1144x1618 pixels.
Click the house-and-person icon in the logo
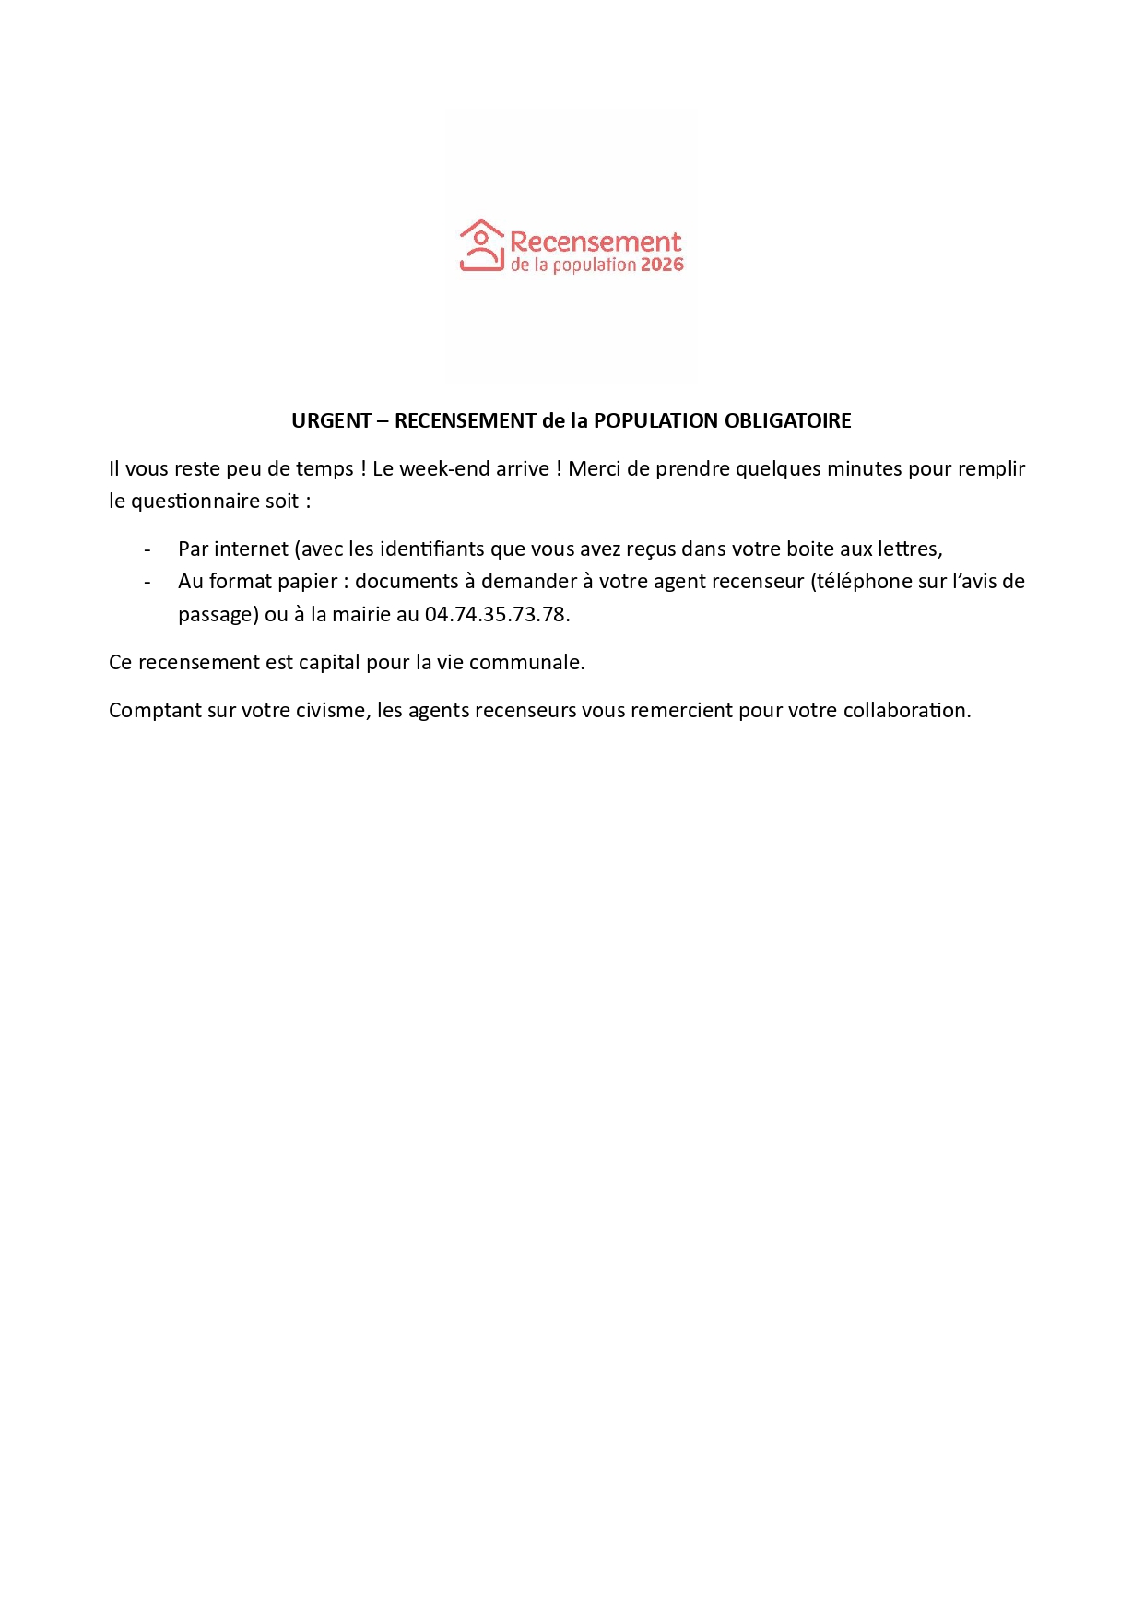pos(481,245)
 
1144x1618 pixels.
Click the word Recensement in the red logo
pos(596,242)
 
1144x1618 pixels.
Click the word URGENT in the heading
pos(331,421)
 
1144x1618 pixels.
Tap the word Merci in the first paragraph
pos(594,469)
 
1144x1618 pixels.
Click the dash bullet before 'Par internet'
pos(147,550)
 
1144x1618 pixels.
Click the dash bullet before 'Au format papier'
pos(147,583)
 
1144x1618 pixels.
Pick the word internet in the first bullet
pos(252,549)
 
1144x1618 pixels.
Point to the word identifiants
pos(432,549)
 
